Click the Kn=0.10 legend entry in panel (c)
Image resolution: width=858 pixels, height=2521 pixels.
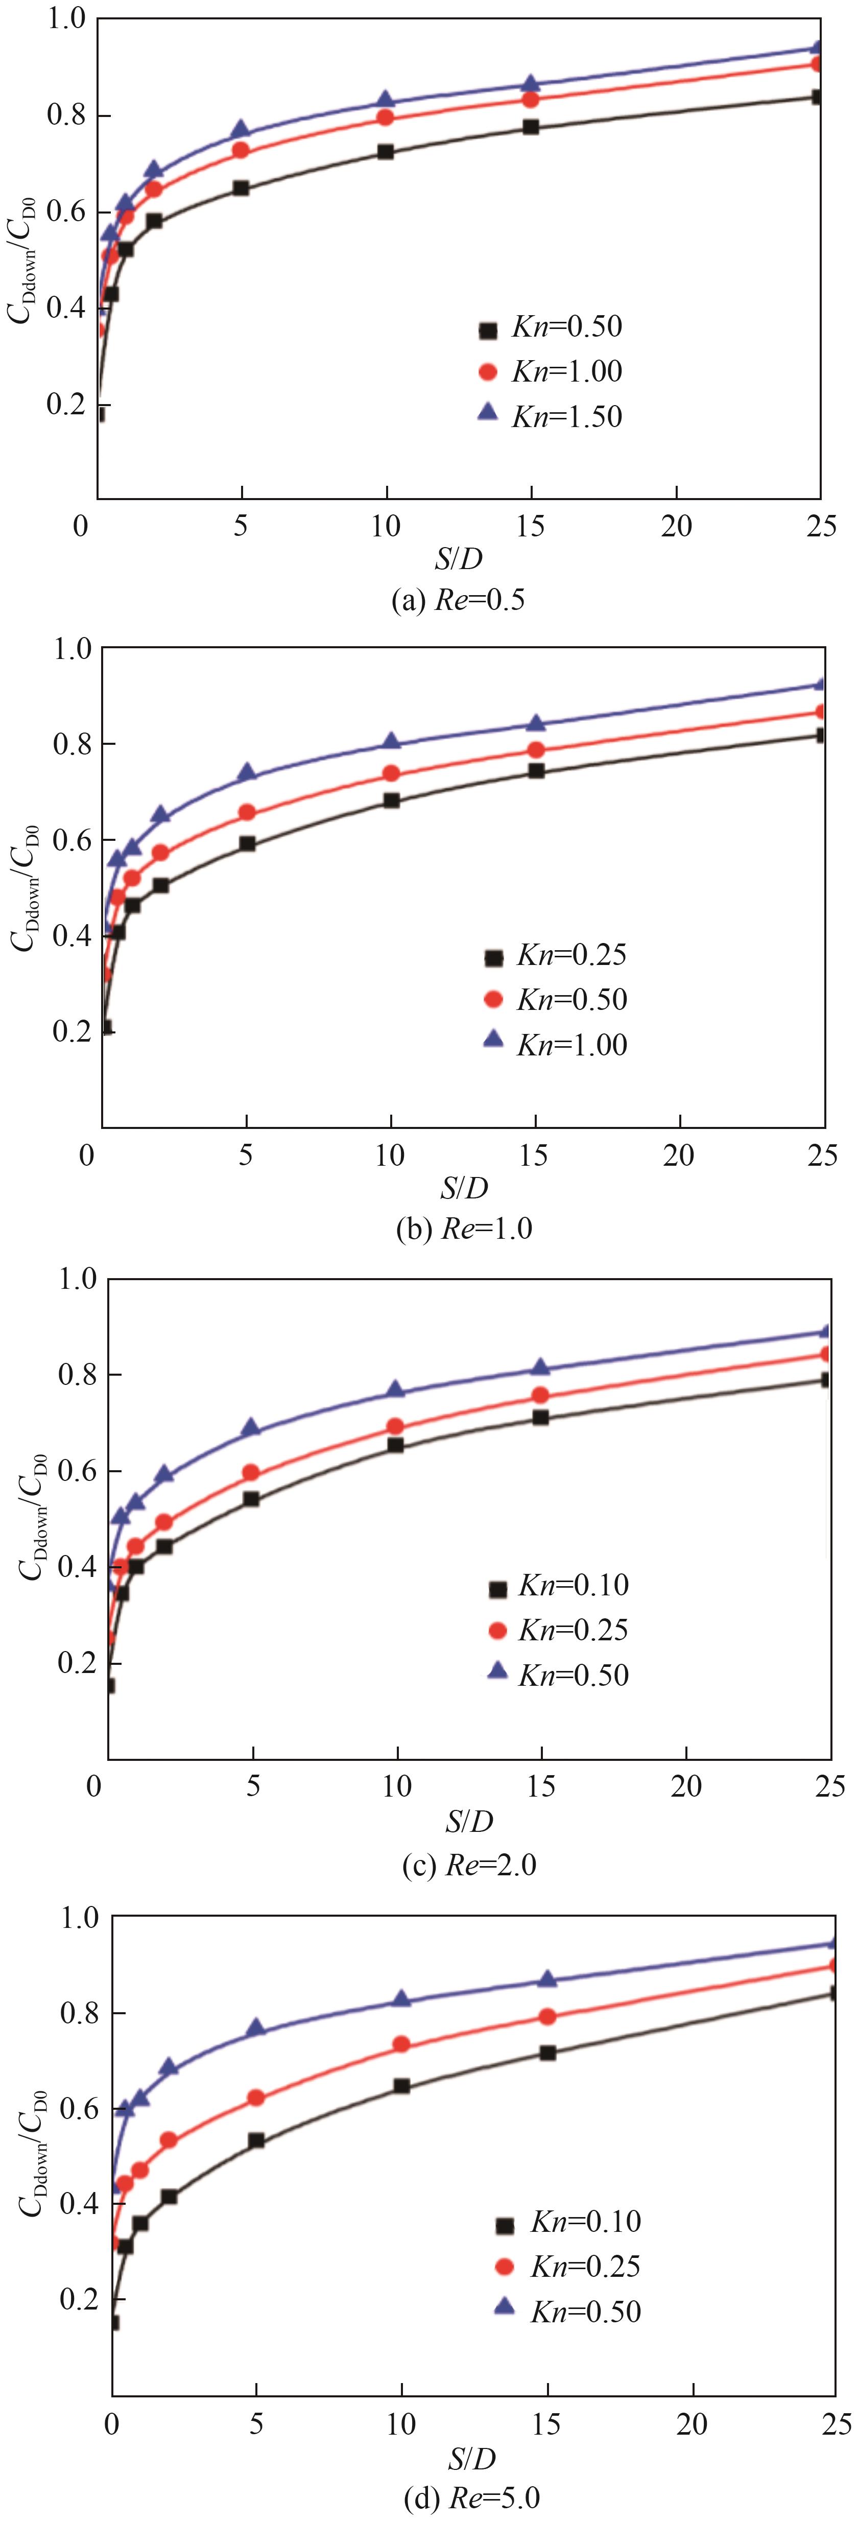coord(558,1586)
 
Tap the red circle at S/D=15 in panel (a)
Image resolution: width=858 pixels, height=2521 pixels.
coord(530,99)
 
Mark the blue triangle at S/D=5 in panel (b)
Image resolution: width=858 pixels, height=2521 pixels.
coord(248,773)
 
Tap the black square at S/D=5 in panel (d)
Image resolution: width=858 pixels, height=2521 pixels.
coord(256,2140)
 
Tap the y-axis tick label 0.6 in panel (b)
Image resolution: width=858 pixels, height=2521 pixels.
coord(70,840)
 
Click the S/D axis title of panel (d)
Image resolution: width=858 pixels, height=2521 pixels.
coord(471,2457)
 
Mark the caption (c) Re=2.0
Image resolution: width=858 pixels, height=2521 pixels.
coord(469,1865)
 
